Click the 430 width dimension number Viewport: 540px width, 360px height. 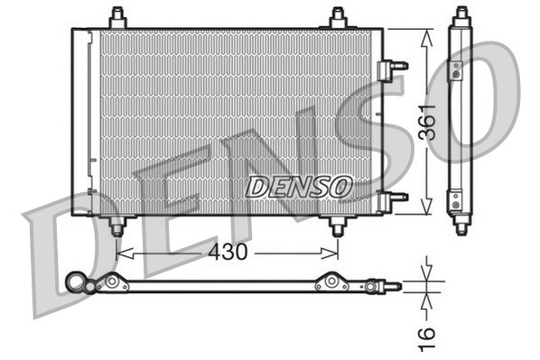[228, 253]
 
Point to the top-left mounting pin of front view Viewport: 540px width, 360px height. [116, 18]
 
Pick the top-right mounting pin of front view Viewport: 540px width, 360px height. [338, 18]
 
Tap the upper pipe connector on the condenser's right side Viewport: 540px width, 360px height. [395, 65]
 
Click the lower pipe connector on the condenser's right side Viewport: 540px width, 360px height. [395, 197]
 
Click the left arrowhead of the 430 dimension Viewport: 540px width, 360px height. [122, 254]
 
